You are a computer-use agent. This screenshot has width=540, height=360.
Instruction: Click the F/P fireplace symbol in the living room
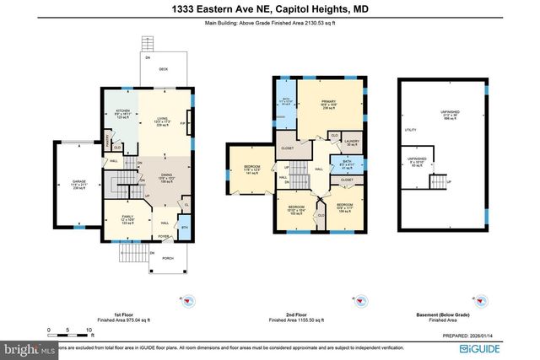pyautogui.click(x=185, y=124)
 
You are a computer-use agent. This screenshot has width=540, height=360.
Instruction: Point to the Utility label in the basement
pyautogui.click(x=411, y=131)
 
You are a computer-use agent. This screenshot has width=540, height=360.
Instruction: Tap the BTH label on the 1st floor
pyautogui.click(x=185, y=228)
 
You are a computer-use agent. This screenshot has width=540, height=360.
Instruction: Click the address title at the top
pyautogui.click(x=270, y=8)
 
